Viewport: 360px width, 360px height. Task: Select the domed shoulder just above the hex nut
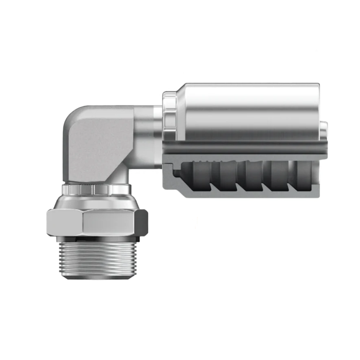tap(96, 202)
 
